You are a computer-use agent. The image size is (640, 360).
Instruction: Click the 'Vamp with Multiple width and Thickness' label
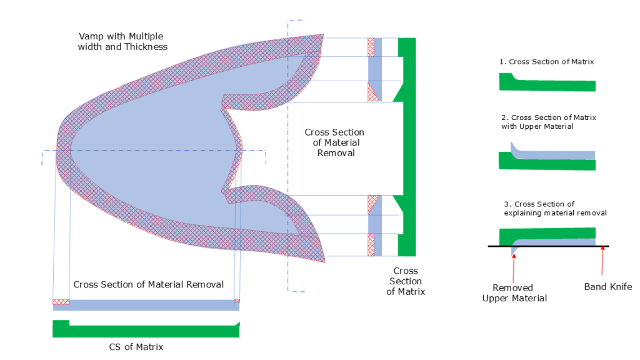coord(122,41)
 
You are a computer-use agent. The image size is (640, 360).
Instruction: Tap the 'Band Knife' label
coord(608,287)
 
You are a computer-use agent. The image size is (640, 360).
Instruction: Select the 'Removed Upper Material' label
coord(514,292)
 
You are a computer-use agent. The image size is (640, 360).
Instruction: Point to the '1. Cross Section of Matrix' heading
coord(546,62)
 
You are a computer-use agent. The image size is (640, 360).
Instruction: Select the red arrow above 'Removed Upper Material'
coord(513,266)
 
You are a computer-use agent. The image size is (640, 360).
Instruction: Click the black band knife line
coord(562,247)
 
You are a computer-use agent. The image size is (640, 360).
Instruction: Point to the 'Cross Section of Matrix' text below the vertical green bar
coord(406,281)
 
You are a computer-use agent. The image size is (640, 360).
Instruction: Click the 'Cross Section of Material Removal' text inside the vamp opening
coord(334,142)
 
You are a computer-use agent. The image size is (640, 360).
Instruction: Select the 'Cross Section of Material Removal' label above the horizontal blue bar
coord(148,284)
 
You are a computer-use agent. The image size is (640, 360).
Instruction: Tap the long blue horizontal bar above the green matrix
coord(150,305)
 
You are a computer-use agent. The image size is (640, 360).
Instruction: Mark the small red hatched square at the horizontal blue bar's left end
coord(61,302)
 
